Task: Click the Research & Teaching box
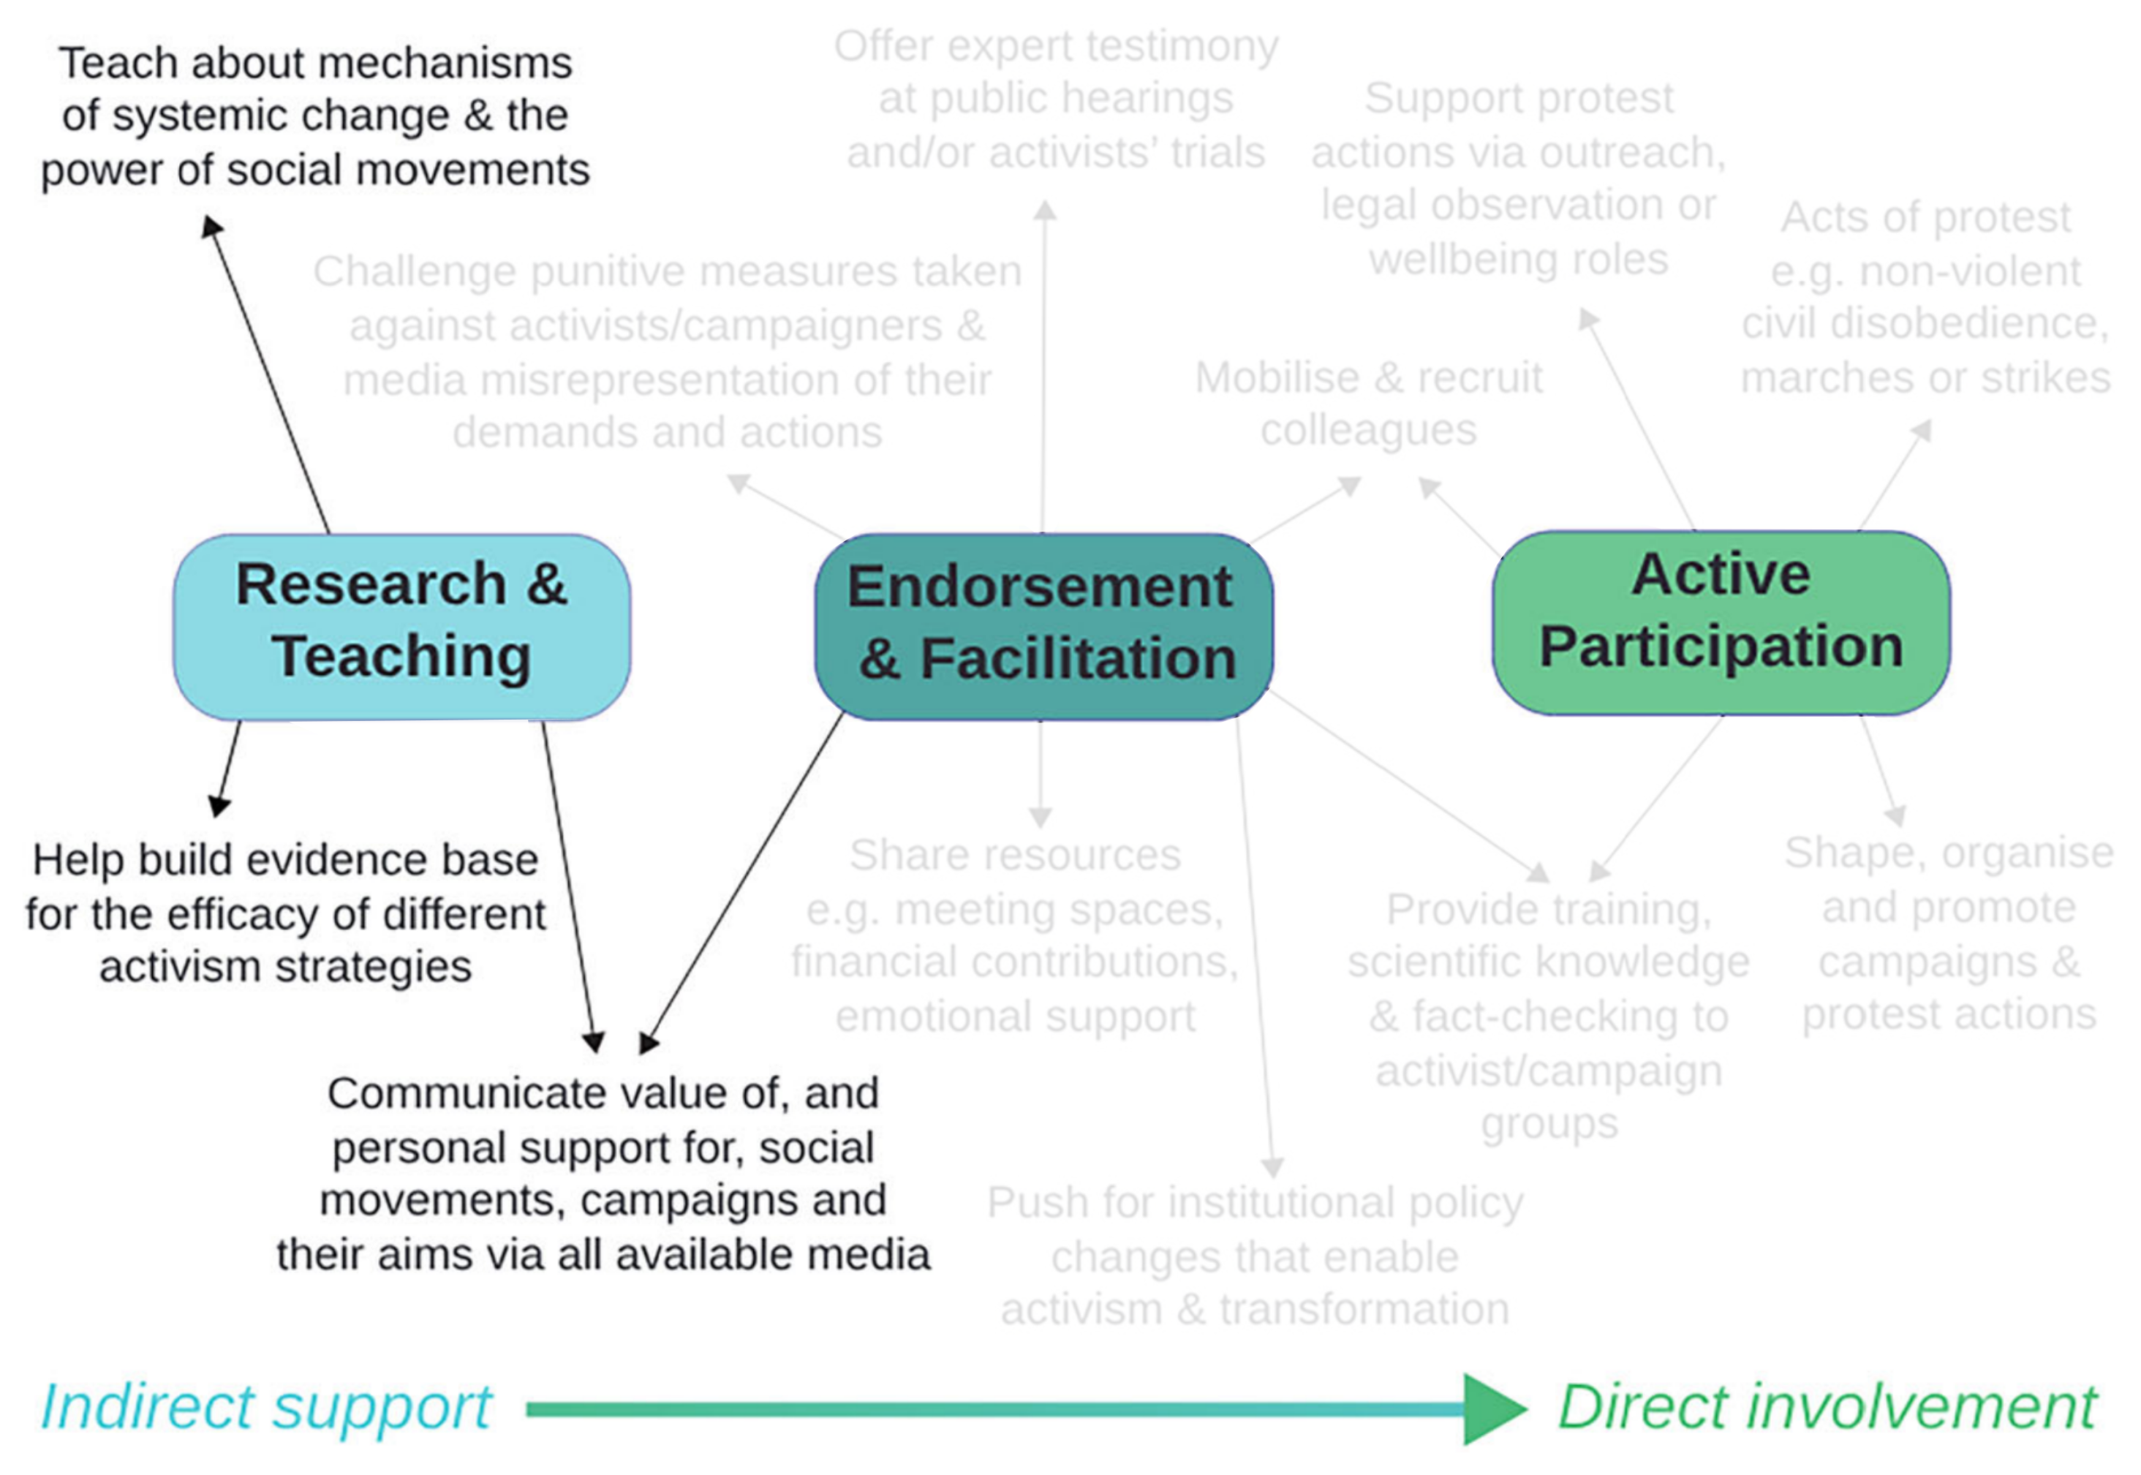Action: [402, 626]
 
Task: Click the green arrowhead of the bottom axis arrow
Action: [1492, 1409]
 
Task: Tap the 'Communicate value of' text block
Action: [603, 1174]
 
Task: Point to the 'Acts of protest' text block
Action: [1925, 298]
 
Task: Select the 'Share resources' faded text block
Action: [1015, 935]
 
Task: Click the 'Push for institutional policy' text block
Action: [1255, 1255]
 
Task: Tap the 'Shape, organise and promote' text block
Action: [1948, 933]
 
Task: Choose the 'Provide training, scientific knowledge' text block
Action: [1549, 1016]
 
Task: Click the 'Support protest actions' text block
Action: [1518, 178]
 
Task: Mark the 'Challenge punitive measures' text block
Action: [667, 351]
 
